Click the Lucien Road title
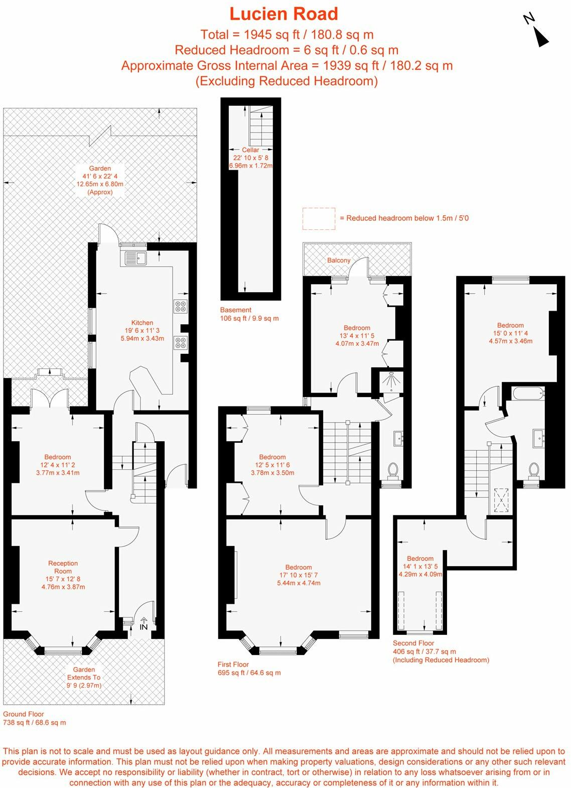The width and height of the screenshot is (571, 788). tap(284, 14)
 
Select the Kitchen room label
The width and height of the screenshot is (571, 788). tap(142, 323)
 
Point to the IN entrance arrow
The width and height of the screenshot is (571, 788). tap(144, 624)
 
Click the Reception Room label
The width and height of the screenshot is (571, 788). tap(63, 567)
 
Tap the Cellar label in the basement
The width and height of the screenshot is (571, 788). tap(250, 150)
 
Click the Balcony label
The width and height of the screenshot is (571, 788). tap(339, 260)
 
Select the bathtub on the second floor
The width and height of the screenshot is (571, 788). tap(527, 393)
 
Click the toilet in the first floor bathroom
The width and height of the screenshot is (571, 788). tap(393, 470)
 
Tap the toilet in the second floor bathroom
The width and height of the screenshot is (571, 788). tap(533, 470)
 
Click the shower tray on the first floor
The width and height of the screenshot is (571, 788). tap(389, 381)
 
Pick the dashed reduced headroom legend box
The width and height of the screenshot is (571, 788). tap(319, 219)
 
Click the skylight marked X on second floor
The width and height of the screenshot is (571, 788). tap(500, 500)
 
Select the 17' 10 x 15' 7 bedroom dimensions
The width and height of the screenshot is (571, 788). tap(299, 575)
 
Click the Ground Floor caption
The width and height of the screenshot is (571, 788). tap(24, 714)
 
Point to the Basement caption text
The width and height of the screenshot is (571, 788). tap(236, 310)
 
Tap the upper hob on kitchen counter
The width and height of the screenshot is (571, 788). tap(180, 306)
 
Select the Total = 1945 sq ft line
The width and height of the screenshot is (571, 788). tap(287, 35)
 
